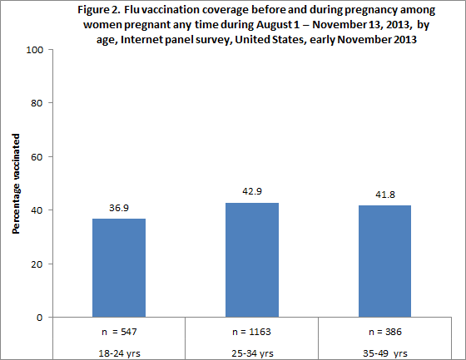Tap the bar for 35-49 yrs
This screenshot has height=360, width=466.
pos(385,261)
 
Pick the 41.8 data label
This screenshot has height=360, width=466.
pos(385,194)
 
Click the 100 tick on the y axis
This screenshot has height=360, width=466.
pos(33,50)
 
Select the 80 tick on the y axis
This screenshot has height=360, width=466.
pos(36,103)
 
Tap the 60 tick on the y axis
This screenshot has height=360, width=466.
pos(36,156)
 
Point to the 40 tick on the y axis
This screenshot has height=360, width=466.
pos(36,210)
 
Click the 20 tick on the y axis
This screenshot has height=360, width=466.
pos(36,264)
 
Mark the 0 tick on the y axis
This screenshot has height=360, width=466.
pos(38,317)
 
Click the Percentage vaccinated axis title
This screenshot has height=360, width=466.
pos(16,183)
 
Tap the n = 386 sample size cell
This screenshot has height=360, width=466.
pos(385,331)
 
